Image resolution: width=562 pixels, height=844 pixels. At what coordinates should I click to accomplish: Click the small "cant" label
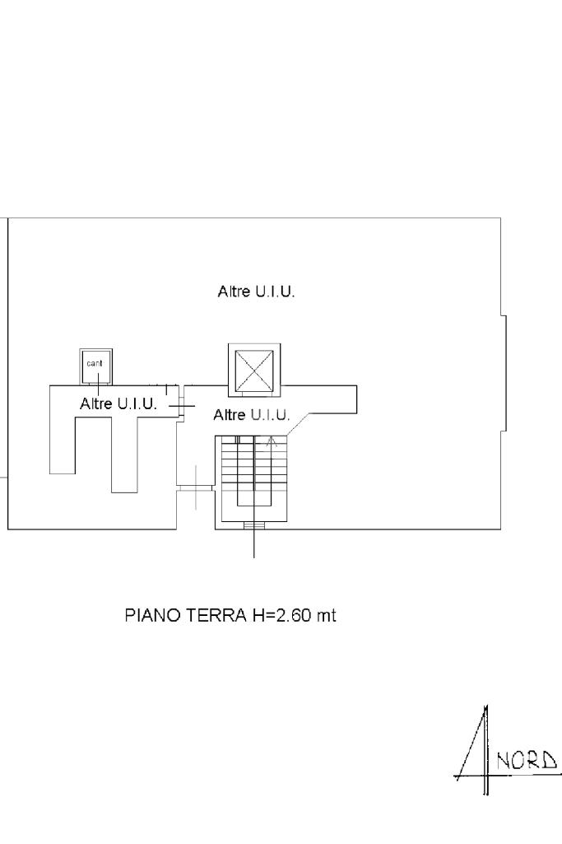coord(95,363)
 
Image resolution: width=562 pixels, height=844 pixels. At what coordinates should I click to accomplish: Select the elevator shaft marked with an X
coord(253,370)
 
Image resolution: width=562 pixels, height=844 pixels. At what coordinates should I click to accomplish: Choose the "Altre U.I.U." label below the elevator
coord(252,415)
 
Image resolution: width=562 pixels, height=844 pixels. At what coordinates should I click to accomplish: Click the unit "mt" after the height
coord(327,615)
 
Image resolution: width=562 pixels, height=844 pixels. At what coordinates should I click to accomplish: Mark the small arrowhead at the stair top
coord(272,441)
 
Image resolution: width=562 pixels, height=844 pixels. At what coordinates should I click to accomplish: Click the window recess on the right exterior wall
coord(504,372)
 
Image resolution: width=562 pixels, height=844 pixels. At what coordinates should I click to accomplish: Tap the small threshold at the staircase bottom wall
coord(254,525)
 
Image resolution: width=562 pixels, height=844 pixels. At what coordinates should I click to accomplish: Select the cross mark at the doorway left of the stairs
coord(196,487)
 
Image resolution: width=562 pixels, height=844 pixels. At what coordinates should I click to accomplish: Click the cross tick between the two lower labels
coord(183,405)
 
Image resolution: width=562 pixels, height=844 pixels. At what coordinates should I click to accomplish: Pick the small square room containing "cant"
coord(96,366)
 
